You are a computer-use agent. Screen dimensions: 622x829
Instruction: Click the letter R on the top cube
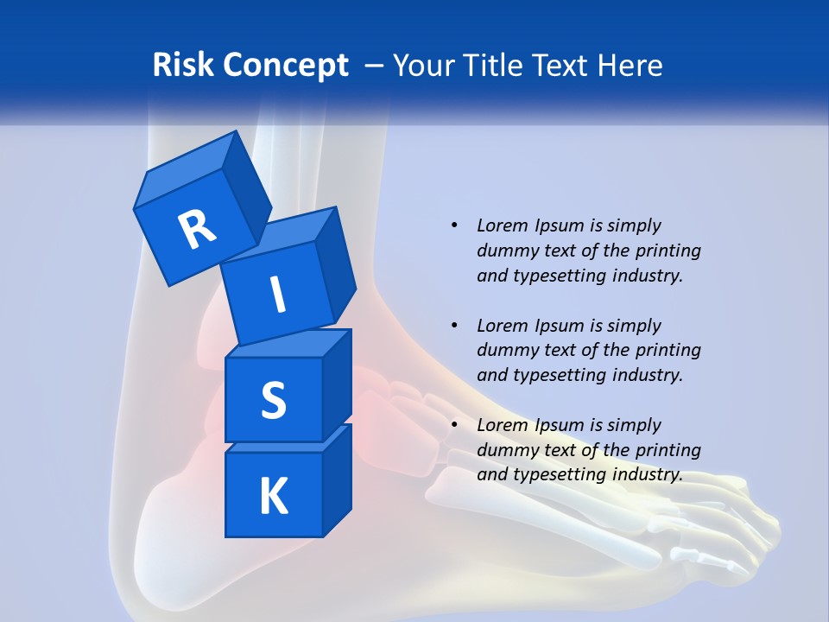tap(197, 230)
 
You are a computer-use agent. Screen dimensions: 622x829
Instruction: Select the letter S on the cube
tap(273, 400)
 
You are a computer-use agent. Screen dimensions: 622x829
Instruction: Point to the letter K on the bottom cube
tap(273, 497)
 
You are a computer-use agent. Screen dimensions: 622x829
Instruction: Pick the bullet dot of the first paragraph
tap(454, 225)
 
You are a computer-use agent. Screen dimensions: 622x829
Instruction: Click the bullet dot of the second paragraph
tap(454, 326)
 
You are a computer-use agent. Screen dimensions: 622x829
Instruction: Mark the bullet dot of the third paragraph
tap(454, 425)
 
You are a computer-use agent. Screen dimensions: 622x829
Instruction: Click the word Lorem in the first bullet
tap(502, 225)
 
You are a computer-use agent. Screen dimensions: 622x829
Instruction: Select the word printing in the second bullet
tap(668, 350)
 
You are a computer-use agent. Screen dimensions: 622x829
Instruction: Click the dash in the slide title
tap(375, 66)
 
